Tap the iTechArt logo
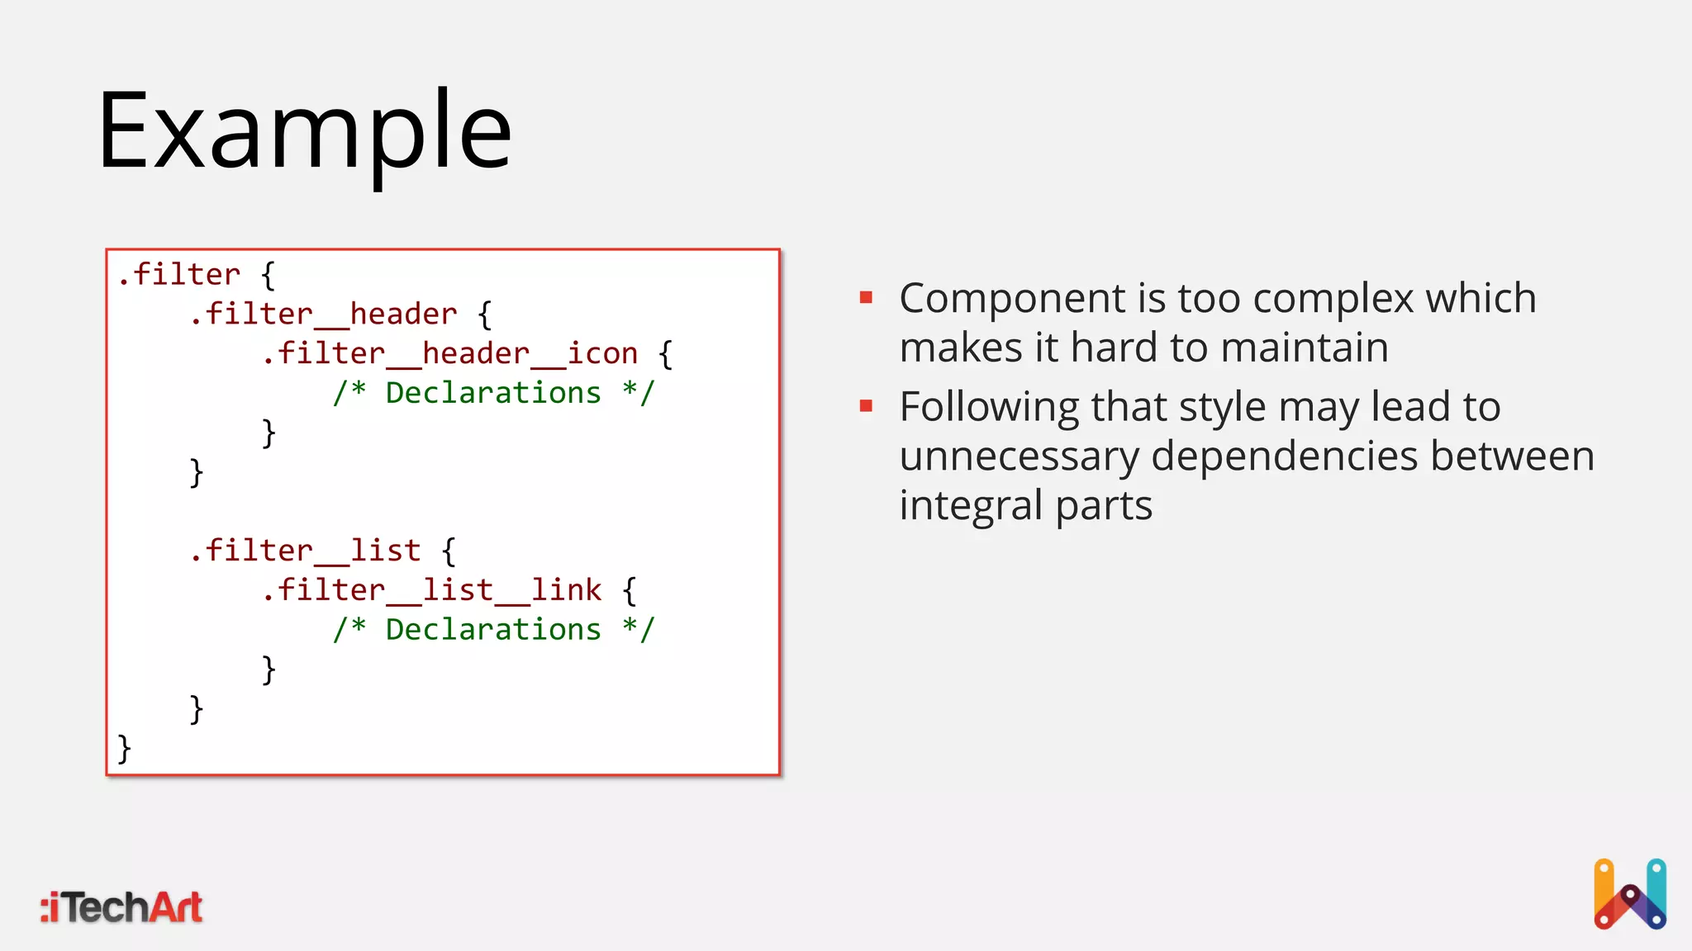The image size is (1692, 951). pyautogui.click(x=122, y=907)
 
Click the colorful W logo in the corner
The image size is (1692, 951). pyautogui.click(x=1629, y=895)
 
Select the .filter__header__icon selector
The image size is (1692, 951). pyautogui.click(x=449, y=354)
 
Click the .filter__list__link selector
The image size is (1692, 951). pyautogui.click(x=431, y=590)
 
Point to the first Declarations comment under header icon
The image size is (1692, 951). pyautogui.click(x=493, y=393)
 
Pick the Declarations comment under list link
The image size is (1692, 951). pyautogui.click(x=493, y=630)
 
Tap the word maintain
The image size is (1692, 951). pyautogui.click(x=1305, y=348)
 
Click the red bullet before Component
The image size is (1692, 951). pyautogui.click(x=866, y=297)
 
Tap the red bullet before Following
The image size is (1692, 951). pyautogui.click(x=866, y=406)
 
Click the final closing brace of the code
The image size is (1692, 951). pyautogui.click(x=124, y=749)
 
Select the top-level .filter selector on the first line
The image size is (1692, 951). pyautogui.click(x=178, y=275)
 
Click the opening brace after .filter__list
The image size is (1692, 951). pyautogui.click(x=449, y=551)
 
